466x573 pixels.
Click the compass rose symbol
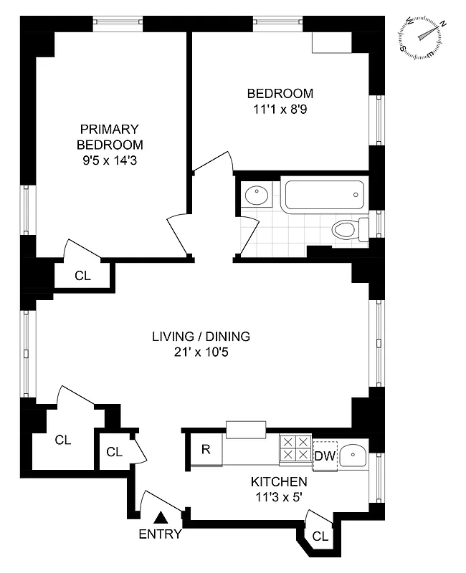click(423, 38)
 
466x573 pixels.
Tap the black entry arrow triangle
click(161, 516)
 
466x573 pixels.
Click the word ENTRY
click(160, 534)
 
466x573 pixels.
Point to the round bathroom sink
click(255, 196)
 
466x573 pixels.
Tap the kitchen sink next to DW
click(352, 456)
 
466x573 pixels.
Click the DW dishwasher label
click(323, 456)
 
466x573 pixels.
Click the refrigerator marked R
click(206, 450)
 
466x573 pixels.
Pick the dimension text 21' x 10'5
click(201, 352)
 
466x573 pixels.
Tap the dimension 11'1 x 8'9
click(280, 110)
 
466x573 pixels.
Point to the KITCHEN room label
click(279, 482)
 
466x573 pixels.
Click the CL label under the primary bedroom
click(83, 275)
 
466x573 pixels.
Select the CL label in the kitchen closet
click(320, 536)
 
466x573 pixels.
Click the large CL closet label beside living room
click(63, 440)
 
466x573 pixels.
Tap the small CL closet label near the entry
click(115, 452)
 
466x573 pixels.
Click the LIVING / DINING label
click(201, 336)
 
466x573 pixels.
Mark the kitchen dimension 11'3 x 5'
click(279, 497)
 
